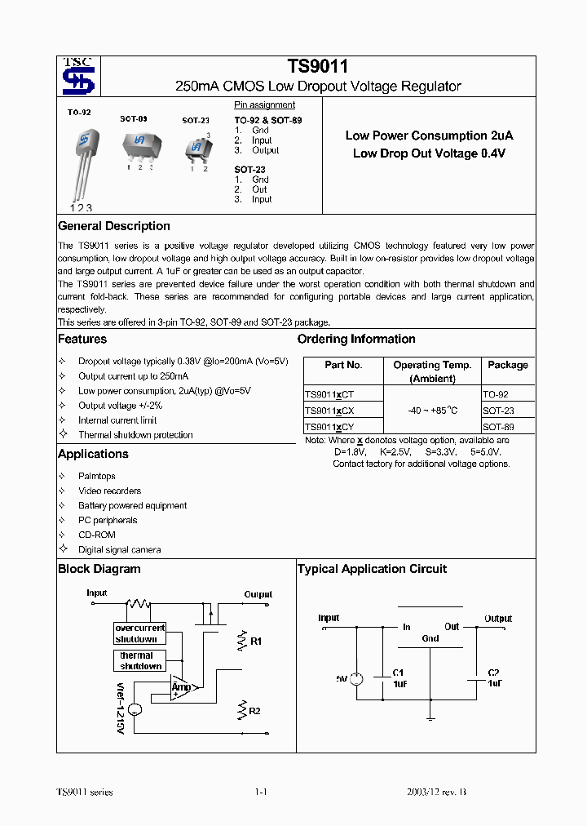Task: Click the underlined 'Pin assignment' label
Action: click(x=264, y=104)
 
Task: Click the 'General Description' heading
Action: click(x=114, y=226)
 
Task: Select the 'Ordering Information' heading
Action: click(x=356, y=339)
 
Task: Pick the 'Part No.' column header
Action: click(x=343, y=365)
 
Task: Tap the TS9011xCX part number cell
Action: click(x=329, y=411)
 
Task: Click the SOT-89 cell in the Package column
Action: click(x=498, y=427)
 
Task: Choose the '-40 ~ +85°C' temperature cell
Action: click(x=432, y=411)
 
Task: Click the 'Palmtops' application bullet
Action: click(x=96, y=476)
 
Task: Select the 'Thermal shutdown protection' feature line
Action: click(x=135, y=435)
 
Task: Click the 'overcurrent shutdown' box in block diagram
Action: click(x=139, y=633)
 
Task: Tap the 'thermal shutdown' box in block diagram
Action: click(x=139, y=660)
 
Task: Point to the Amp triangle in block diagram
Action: click(x=183, y=687)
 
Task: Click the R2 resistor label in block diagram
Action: click(x=254, y=711)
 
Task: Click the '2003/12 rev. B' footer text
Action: click(x=436, y=793)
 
